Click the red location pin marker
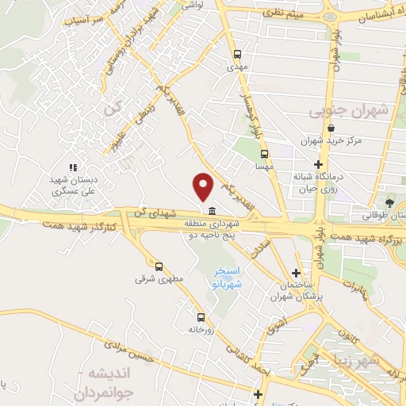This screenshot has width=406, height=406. coord(205,186)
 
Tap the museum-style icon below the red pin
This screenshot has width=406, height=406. coord(213,211)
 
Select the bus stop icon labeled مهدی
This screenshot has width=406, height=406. coord(237,54)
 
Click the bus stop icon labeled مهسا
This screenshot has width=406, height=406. coord(264,155)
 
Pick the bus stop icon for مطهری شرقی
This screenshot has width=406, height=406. coord(159,266)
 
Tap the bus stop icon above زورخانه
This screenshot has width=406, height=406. coord(200,316)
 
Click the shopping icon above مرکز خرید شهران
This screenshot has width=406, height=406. coord(330,128)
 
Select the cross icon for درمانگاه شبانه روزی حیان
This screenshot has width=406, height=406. coord(318,164)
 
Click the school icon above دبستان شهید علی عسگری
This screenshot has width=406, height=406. coord(73,167)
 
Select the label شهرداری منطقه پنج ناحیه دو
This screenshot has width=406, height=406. coord(213,229)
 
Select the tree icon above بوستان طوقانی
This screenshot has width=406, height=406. coord(389,204)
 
